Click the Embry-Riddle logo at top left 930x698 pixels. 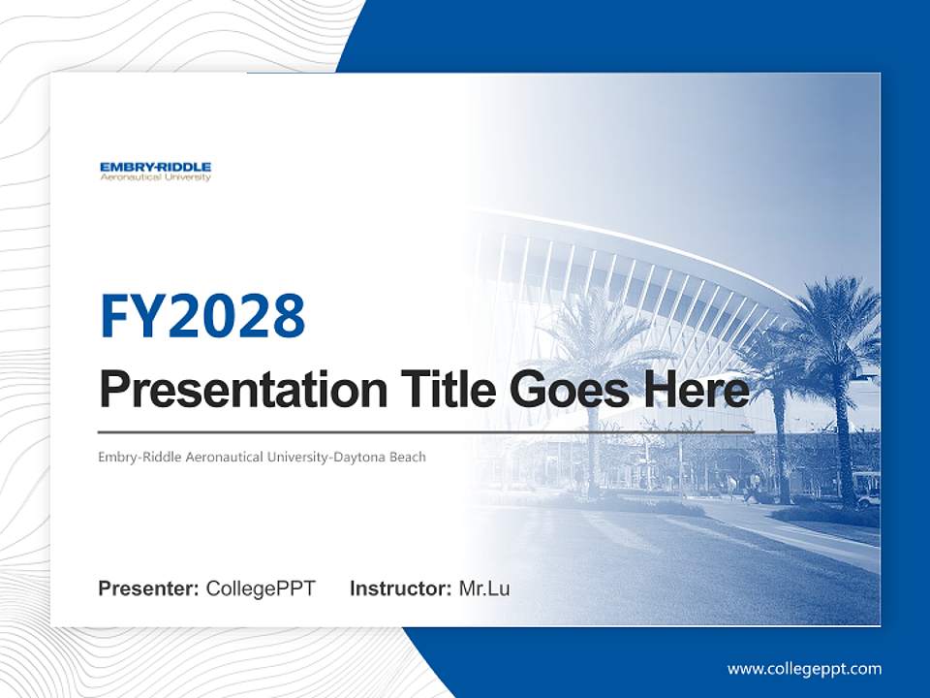point(155,171)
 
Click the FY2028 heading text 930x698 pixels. point(202,315)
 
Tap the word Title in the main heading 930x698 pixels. point(435,391)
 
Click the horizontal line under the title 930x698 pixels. point(426,431)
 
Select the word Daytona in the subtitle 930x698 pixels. point(357,457)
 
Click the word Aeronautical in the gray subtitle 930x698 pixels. point(204,457)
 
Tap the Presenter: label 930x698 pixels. point(149,588)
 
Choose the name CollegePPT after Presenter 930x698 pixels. point(261,588)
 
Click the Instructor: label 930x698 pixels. point(400,588)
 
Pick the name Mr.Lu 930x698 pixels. point(484,588)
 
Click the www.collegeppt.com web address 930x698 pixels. point(804,669)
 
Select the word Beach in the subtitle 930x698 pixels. point(406,457)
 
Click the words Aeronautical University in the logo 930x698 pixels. point(155,178)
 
